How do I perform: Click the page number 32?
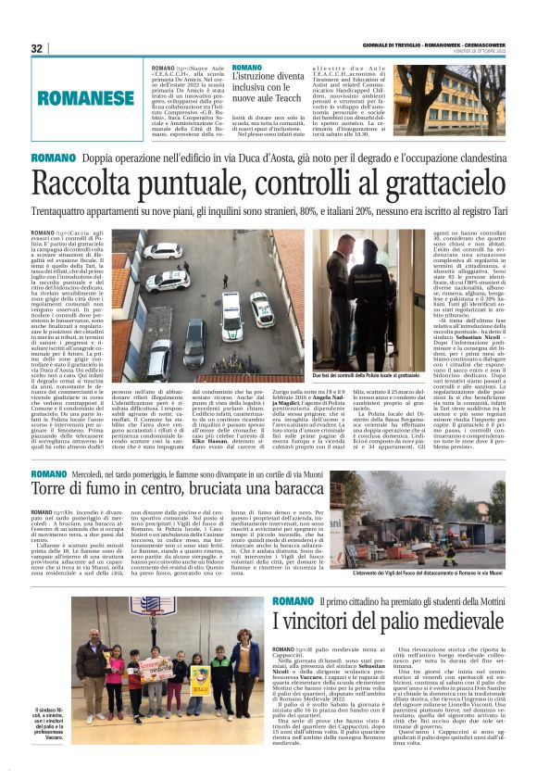(x=36, y=48)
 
